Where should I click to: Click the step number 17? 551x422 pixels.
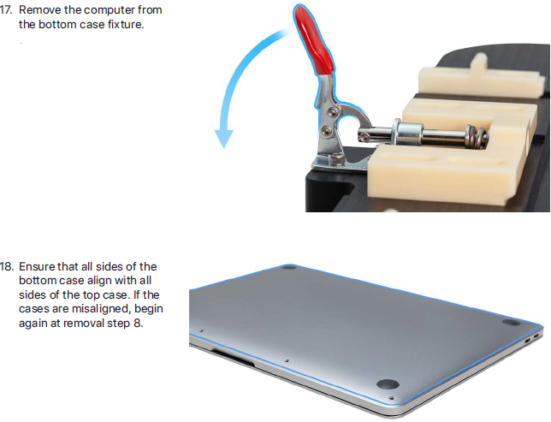point(6,10)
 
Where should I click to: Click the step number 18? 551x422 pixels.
point(6,266)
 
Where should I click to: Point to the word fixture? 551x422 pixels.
point(126,25)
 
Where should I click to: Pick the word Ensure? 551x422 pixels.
point(37,266)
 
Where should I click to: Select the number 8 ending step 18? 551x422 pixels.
point(138,324)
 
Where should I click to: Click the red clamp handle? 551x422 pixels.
point(313,39)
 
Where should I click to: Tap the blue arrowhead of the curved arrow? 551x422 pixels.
point(224,138)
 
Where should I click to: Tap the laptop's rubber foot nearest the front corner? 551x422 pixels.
point(388,383)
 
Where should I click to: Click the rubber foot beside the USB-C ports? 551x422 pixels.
point(511,322)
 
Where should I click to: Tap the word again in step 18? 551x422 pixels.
point(33,324)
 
